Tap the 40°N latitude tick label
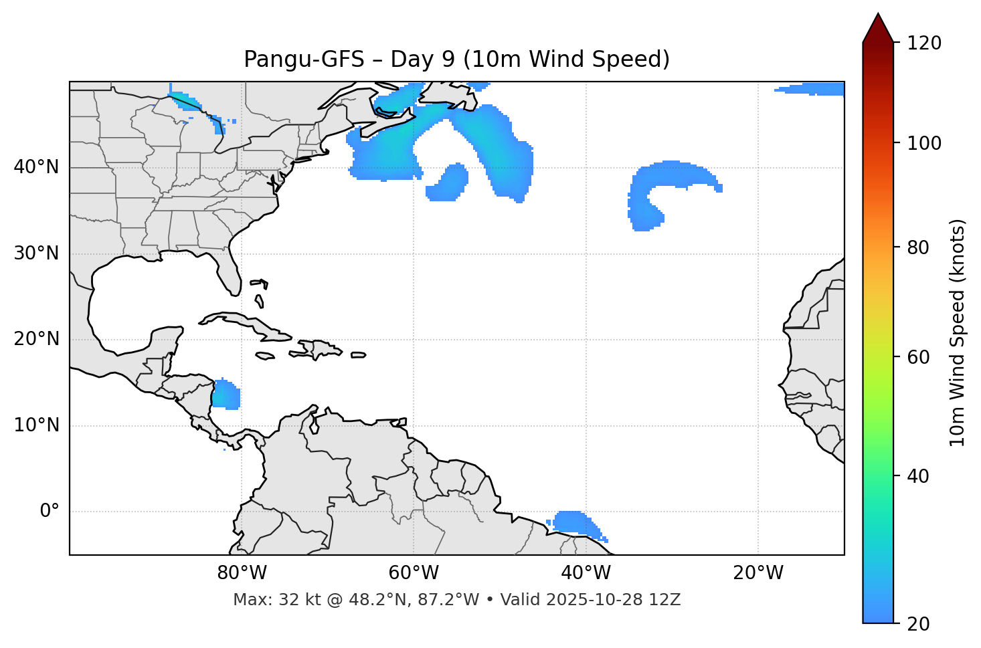(x=36, y=167)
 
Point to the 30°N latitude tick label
(x=36, y=253)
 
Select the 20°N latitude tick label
(x=36, y=339)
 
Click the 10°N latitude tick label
(x=36, y=425)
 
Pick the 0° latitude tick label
(x=50, y=512)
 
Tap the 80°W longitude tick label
(x=242, y=573)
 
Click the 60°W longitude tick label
(x=414, y=573)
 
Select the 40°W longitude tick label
(x=586, y=573)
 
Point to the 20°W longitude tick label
(x=758, y=573)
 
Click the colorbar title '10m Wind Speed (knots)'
(x=958, y=332)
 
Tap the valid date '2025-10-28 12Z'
(x=613, y=600)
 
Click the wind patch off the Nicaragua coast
(x=226, y=395)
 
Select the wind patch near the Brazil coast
(x=573, y=522)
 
